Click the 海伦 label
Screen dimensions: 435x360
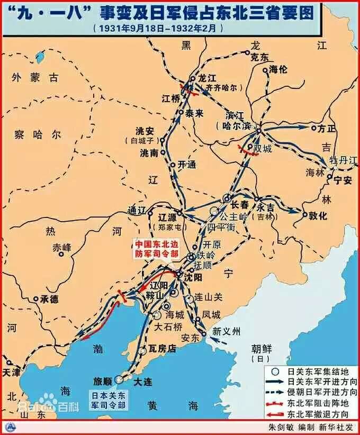(280, 69)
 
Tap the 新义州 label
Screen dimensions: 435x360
(226, 332)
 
